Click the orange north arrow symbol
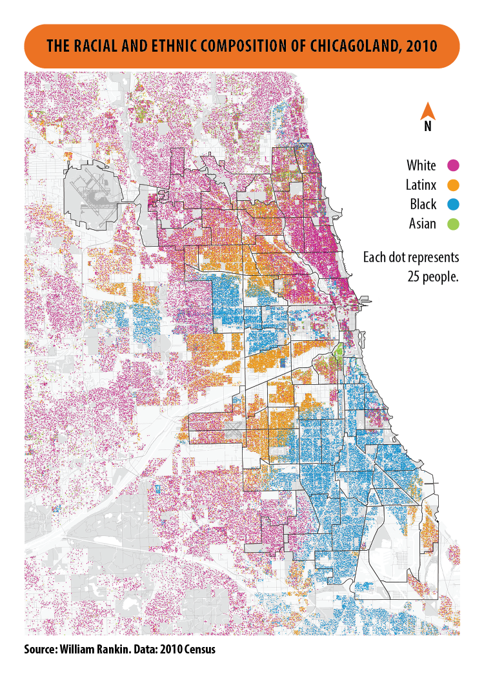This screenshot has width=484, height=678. pyautogui.click(x=427, y=113)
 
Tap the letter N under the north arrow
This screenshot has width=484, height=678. pyautogui.click(x=427, y=127)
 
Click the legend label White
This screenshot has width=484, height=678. pyautogui.click(x=421, y=166)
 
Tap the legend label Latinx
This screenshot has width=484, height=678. pyautogui.click(x=421, y=185)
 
